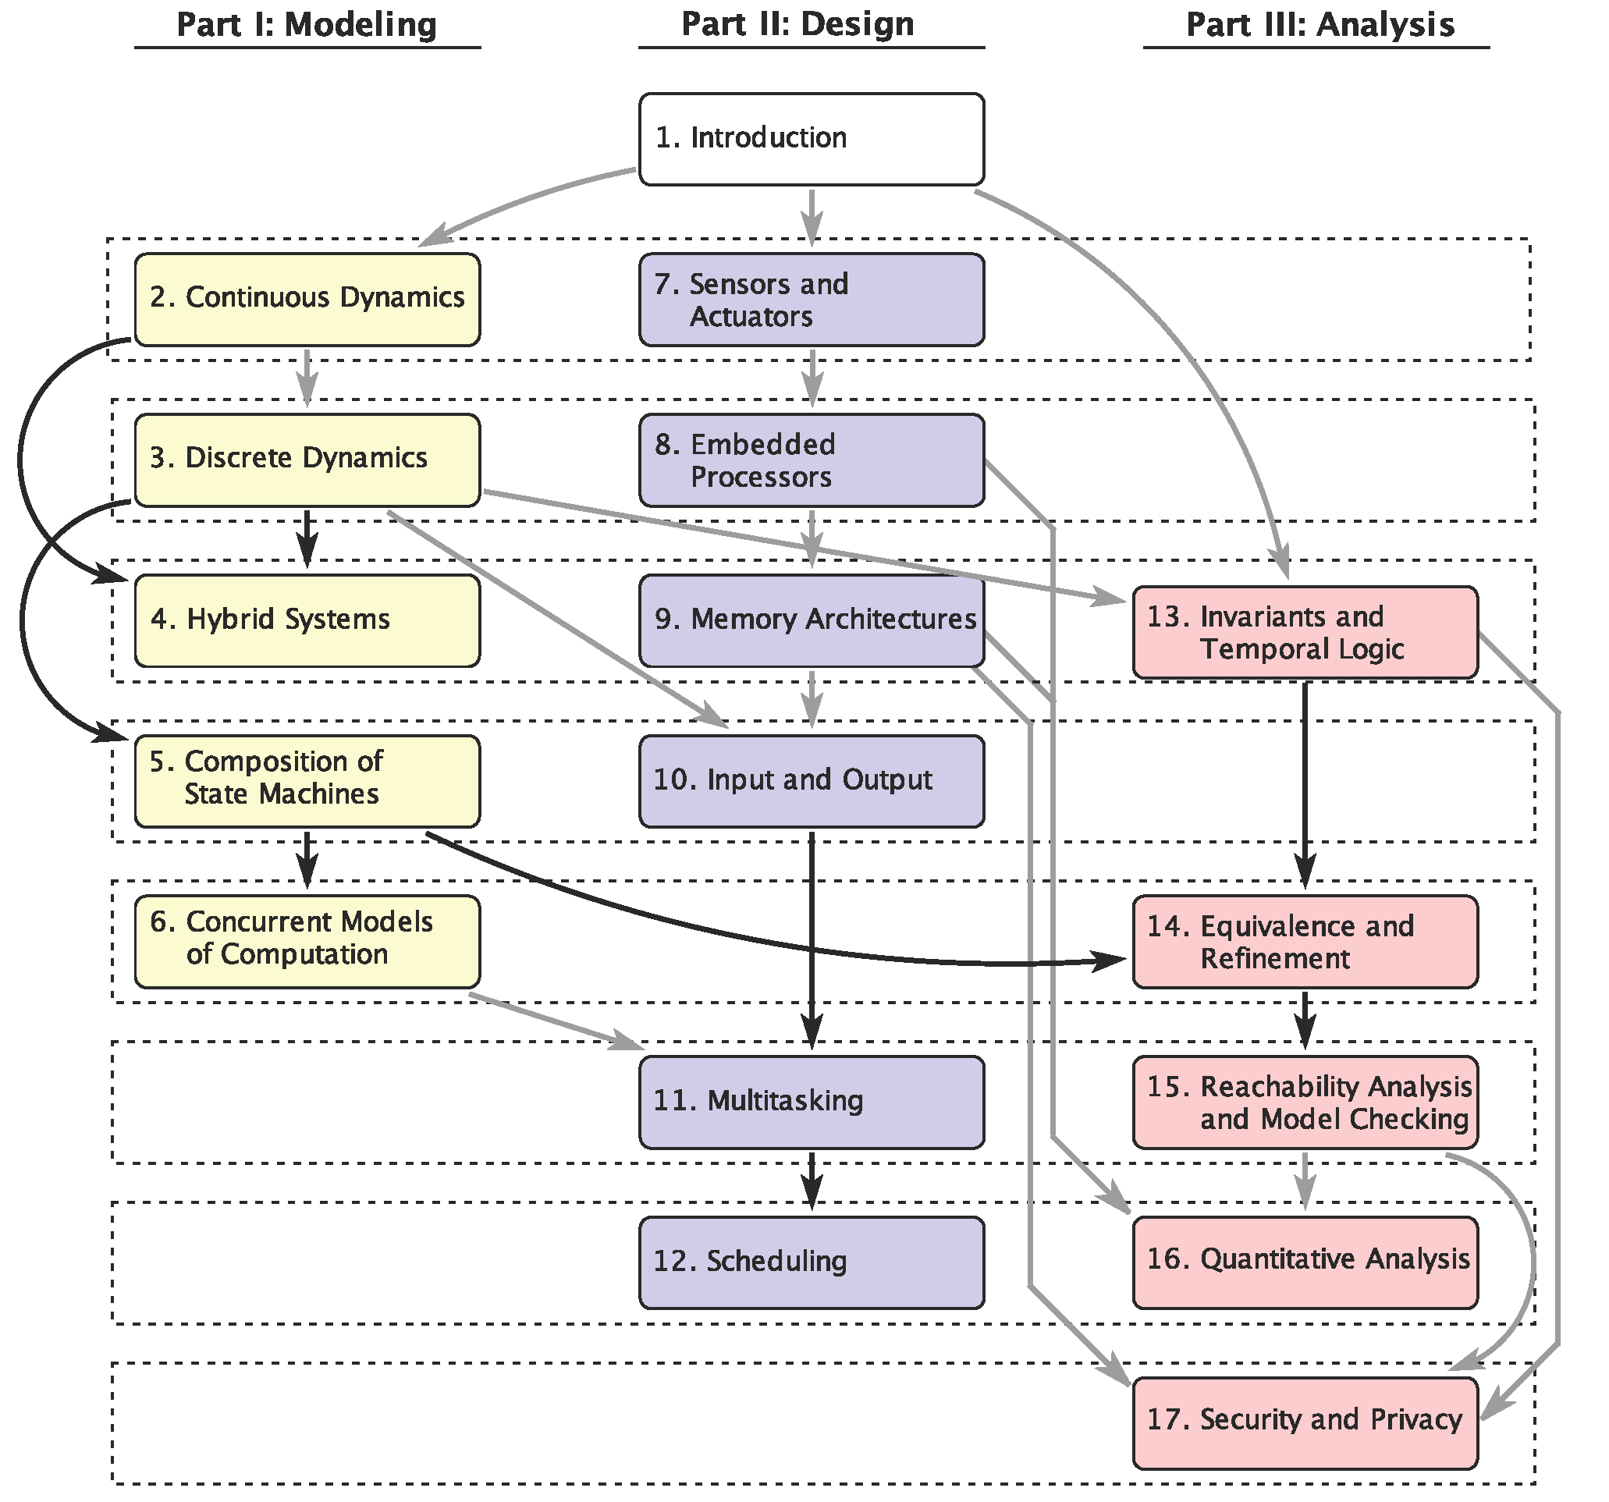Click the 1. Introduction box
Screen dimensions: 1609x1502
pos(812,139)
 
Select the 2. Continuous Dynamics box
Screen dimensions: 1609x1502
pos(307,300)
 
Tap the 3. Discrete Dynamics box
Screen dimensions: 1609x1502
pos(307,460)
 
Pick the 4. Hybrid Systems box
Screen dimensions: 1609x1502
pos(307,621)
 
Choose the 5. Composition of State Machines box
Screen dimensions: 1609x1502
pos(307,781)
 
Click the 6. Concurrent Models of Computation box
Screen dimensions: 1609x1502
pos(307,941)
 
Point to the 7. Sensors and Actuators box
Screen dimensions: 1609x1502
pos(812,300)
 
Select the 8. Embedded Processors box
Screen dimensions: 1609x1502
pos(812,460)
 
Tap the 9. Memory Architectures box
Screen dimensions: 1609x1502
pos(812,621)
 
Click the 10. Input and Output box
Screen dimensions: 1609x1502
pos(812,781)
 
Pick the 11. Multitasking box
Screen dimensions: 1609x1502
pos(812,1103)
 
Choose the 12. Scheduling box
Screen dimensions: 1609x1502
pos(812,1262)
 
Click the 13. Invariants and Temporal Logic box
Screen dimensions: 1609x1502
pos(1305,632)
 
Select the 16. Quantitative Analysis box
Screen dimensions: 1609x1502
pos(1305,1262)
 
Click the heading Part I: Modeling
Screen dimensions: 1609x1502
pos(307,24)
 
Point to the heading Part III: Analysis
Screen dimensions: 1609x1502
pos(1320,24)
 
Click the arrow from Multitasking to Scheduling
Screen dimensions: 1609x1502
pos(812,1181)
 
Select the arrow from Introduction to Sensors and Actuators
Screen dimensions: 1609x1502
pos(812,217)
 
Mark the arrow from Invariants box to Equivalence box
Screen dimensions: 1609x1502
pos(1305,785)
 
